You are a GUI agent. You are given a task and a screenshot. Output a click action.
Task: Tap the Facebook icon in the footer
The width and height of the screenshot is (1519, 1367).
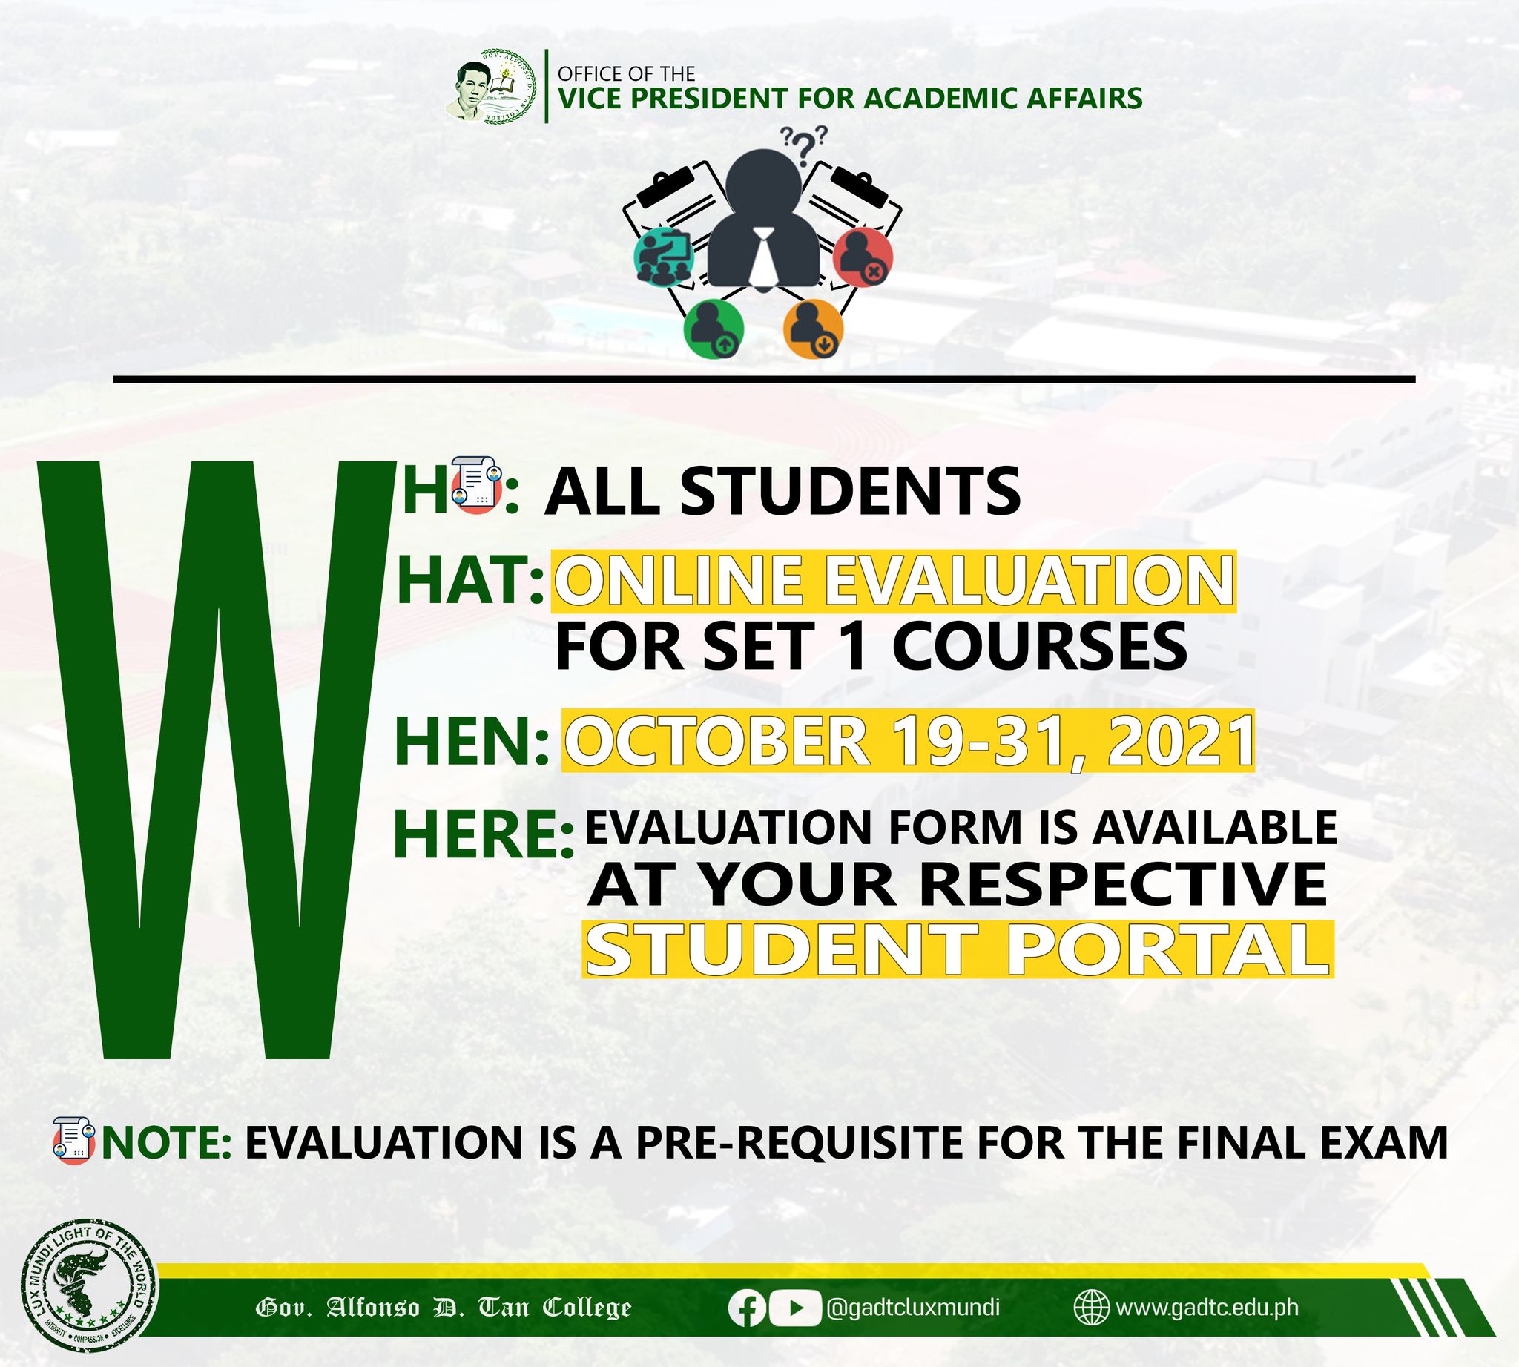pyautogui.click(x=747, y=1308)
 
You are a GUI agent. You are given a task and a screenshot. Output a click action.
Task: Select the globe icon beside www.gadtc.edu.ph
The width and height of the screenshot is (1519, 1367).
pyautogui.click(x=1092, y=1308)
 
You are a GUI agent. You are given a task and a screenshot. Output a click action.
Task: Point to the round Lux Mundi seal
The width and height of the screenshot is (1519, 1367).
pyautogui.click(x=90, y=1285)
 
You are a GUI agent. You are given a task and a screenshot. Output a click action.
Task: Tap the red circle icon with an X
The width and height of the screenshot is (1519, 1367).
pyautogui.click(x=863, y=257)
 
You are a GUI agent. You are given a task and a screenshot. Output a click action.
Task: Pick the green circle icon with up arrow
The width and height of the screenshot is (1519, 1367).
pyautogui.click(x=713, y=329)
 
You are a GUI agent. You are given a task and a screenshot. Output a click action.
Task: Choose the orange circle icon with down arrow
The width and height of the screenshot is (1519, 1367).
pyautogui.click(x=814, y=329)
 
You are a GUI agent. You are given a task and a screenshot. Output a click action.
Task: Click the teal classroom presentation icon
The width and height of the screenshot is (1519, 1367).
pyautogui.click(x=663, y=257)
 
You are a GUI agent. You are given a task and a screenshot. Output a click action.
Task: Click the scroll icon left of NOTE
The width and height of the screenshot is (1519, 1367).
pyautogui.click(x=74, y=1141)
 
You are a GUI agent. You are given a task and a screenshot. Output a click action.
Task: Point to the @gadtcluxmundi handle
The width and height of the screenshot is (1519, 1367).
pyautogui.click(x=913, y=1308)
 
